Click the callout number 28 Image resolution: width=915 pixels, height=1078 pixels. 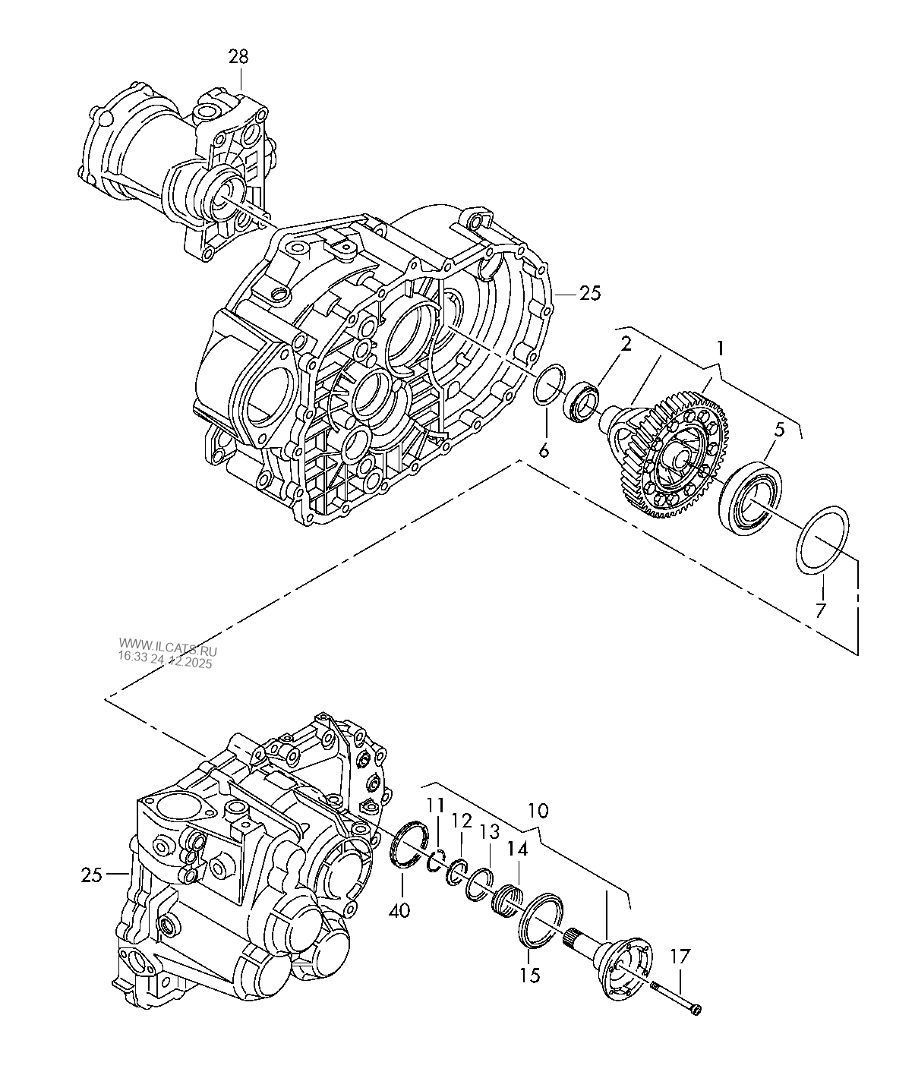238,56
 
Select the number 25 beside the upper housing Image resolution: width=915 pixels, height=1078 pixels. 589,294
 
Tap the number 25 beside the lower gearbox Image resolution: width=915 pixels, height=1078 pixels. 92,875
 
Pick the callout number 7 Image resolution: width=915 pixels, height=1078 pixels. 821,610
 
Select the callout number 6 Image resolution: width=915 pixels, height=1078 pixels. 543,449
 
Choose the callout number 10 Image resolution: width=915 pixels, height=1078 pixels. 537,810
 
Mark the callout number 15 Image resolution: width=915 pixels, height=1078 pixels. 530,974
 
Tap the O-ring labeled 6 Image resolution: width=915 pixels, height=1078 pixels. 548,386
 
